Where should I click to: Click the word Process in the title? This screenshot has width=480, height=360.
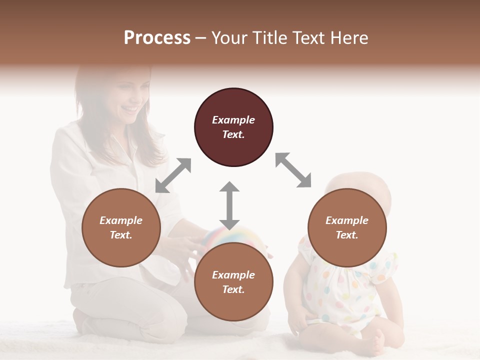click(157, 38)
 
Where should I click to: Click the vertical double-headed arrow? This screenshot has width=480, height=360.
click(229, 205)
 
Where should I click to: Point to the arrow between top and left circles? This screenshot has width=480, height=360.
click(173, 175)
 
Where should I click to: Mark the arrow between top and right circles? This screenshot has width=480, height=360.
click(293, 170)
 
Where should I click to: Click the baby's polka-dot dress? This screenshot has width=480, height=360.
click(345, 290)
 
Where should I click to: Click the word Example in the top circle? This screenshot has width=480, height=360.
click(233, 120)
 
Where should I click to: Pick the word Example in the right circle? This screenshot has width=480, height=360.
click(347, 220)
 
